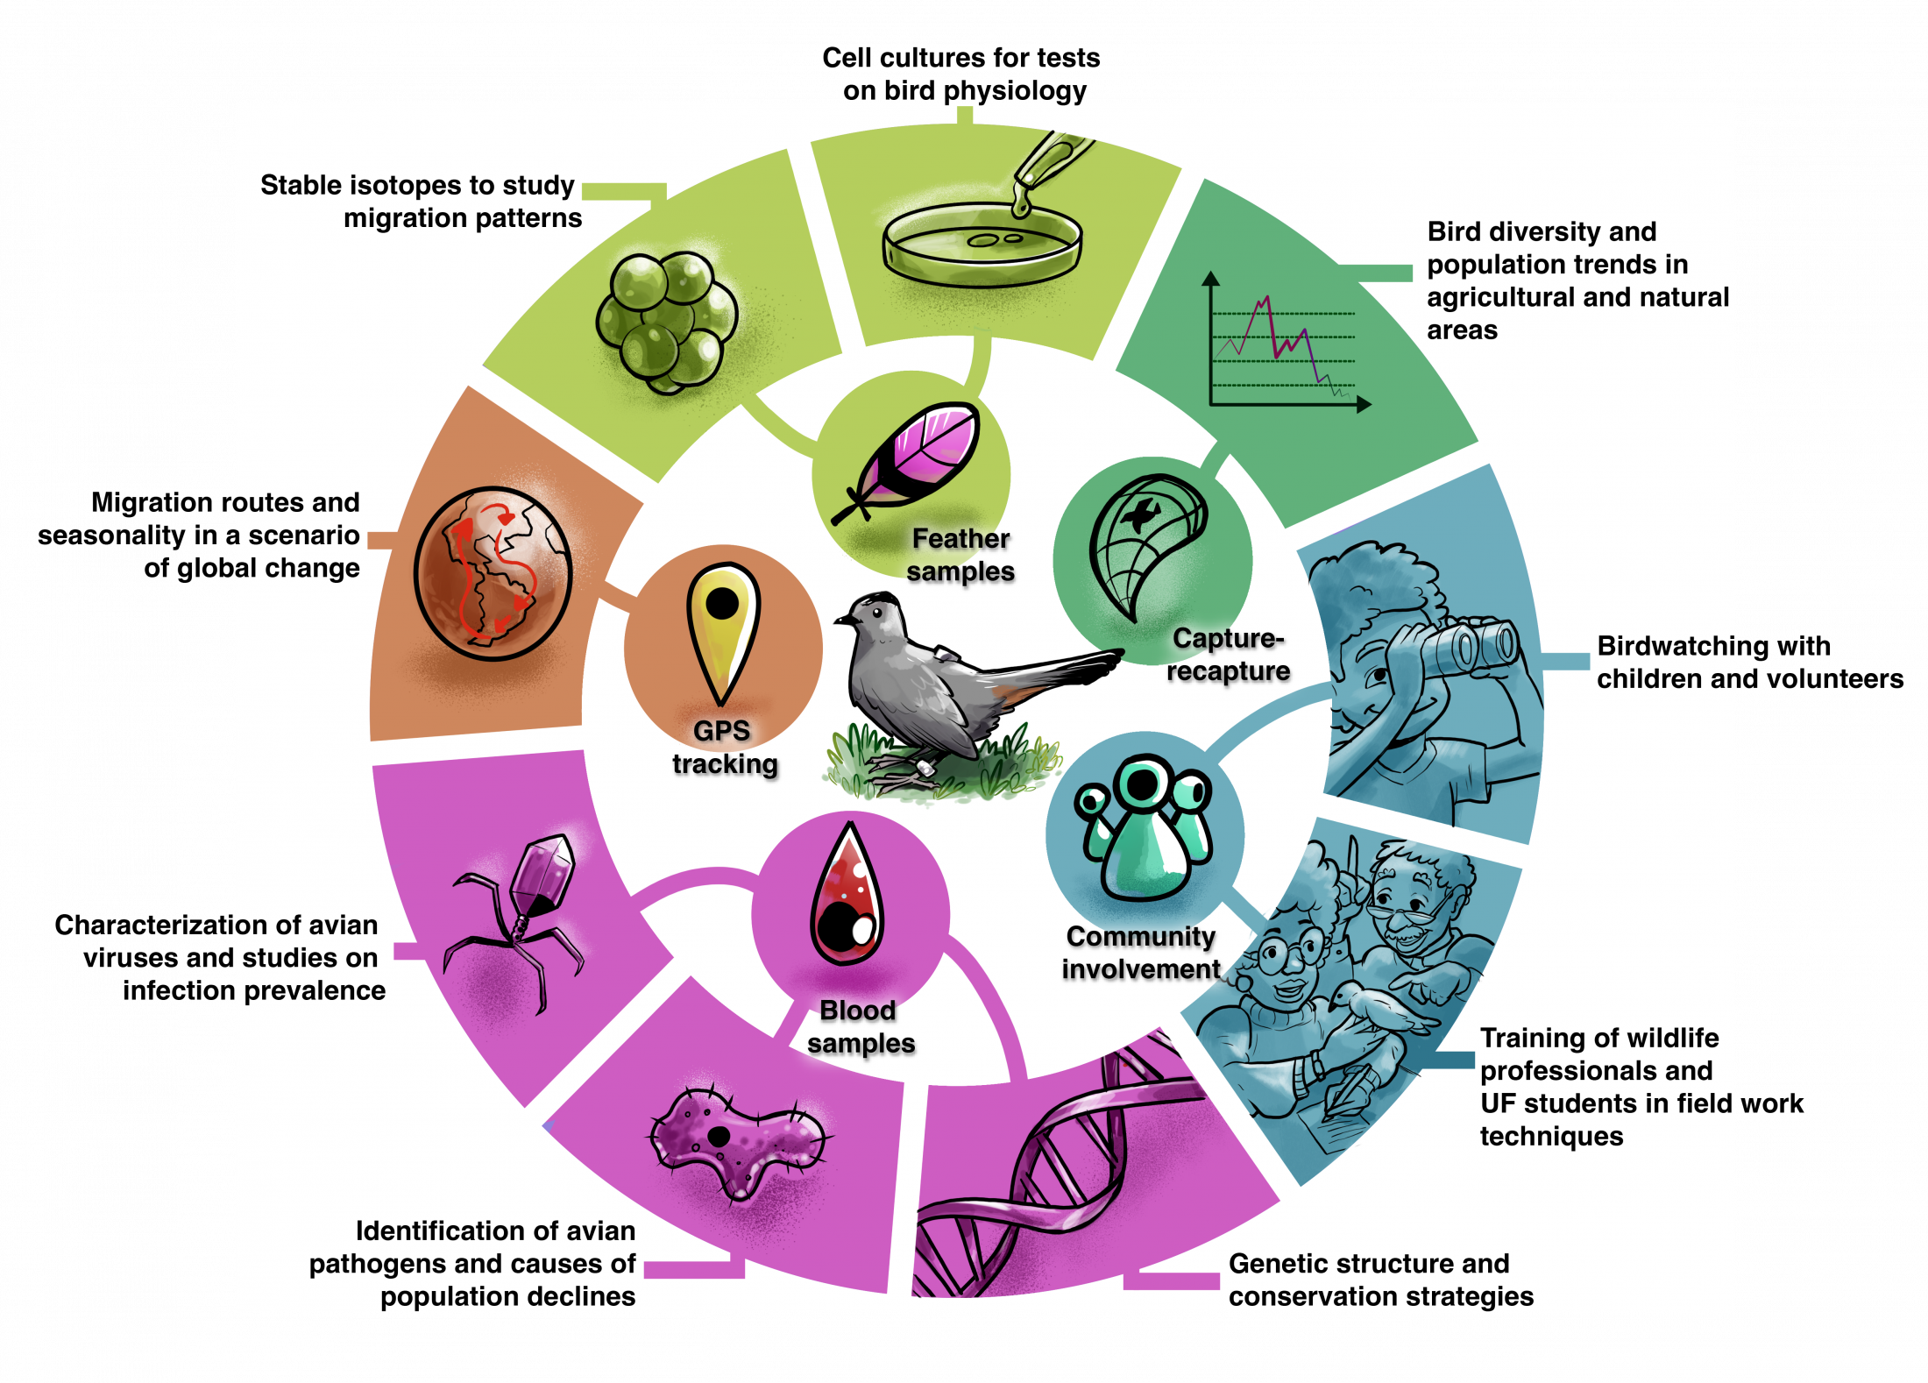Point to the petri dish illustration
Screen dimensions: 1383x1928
pos(982,245)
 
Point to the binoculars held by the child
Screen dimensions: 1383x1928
pos(1472,649)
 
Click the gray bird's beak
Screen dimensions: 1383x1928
pos(840,621)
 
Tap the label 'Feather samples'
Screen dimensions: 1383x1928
pos(960,555)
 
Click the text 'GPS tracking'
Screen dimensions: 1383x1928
pos(724,748)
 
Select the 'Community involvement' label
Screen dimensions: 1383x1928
pos(1141,953)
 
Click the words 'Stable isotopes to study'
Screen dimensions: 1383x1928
pos(417,186)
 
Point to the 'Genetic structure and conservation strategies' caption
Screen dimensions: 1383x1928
pos(1380,1280)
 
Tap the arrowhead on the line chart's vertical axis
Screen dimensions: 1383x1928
pos(1211,279)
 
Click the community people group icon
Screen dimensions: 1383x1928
pos(1144,828)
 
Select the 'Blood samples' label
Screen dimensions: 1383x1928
pos(860,1027)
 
